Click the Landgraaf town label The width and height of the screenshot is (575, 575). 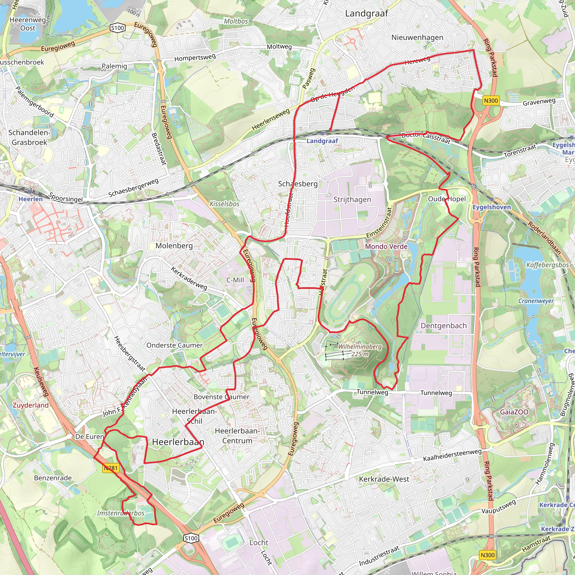click(x=366, y=13)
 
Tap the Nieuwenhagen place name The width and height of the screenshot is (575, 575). click(x=417, y=38)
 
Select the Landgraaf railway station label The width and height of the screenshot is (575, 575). click(x=322, y=141)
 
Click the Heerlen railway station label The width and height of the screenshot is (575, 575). click(x=31, y=199)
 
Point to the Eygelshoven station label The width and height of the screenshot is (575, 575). click(x=492, y=207)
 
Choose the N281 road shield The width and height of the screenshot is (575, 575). click(x=111, y=468)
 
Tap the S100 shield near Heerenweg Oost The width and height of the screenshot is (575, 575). click(x=117, y=28)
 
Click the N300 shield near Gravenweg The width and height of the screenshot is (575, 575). click(x=491, y=101)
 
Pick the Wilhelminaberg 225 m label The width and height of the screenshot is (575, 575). click(x=360, y=350)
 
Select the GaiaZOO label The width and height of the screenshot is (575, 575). click(x=514, y=412)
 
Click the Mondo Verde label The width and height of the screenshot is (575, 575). click(x=386, y=247)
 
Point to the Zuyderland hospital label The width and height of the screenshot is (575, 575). click(x=30, y=405)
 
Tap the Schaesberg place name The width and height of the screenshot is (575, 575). click(x=298, y=184)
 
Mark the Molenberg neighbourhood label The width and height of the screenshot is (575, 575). click(x=174, y=246)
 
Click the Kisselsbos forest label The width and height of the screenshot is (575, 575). click(x=224, y=204)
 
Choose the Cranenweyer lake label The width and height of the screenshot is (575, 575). click(x=536, y=301)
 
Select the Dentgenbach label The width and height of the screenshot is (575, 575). click(x=443, y=326)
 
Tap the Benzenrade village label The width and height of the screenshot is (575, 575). click(x=53, y=478)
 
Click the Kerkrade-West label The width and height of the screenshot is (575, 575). click(x=384, y=479)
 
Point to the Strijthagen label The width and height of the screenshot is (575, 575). click(x=352, y=199)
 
